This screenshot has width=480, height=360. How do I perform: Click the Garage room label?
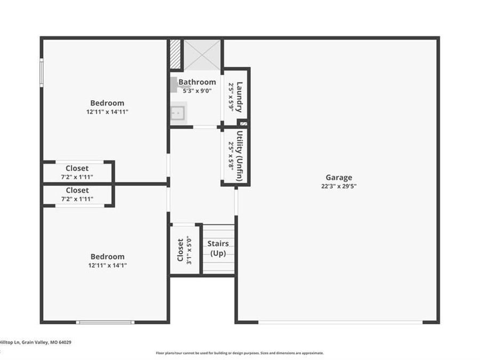tap(339, 178)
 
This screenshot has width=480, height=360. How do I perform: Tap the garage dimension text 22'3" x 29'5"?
tap(339, 186)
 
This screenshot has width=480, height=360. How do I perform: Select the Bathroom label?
tap(197, 82)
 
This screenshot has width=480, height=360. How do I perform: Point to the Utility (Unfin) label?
tap(240, 156)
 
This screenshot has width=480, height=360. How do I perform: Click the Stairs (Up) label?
tap(218, 248)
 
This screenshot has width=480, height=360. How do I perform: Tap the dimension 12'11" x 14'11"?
tap(107, 112)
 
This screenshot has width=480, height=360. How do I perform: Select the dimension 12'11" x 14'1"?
tap(107, 266)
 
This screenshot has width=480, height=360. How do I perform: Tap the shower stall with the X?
tap(202, 55)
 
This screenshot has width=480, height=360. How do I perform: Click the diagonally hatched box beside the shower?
tap(175, 54)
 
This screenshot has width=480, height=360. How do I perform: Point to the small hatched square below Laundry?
tap(243, 123)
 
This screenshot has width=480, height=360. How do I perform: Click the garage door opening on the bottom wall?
tap(340, 322)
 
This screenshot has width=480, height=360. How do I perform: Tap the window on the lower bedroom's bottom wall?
tap(105, 322)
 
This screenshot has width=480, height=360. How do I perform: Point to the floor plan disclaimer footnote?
tap(239, 353)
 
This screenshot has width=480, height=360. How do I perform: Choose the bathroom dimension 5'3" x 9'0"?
tap(197, 91)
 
